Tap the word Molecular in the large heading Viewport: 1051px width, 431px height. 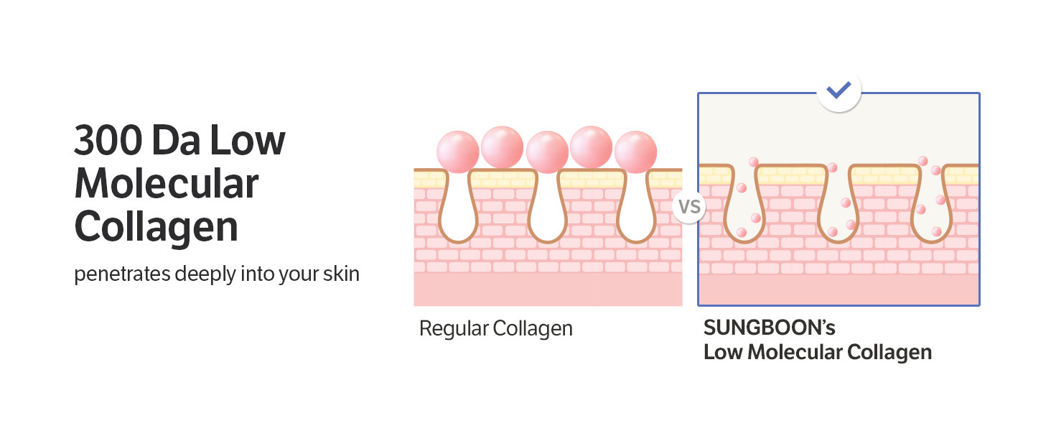point(166,184)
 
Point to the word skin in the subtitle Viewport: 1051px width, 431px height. point(340,274)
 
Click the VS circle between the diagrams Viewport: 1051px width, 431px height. point(689,208)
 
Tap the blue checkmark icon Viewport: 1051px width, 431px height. point(838,91)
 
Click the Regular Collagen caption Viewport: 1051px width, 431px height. point(495,329)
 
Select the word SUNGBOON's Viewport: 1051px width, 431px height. point(770,328)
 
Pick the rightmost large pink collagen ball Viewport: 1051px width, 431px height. point(636,152)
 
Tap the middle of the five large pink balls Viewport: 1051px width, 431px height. point(547,152)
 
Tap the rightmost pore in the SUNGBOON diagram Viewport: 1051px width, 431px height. point(931,205)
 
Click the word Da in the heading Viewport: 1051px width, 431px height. point(179,142)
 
